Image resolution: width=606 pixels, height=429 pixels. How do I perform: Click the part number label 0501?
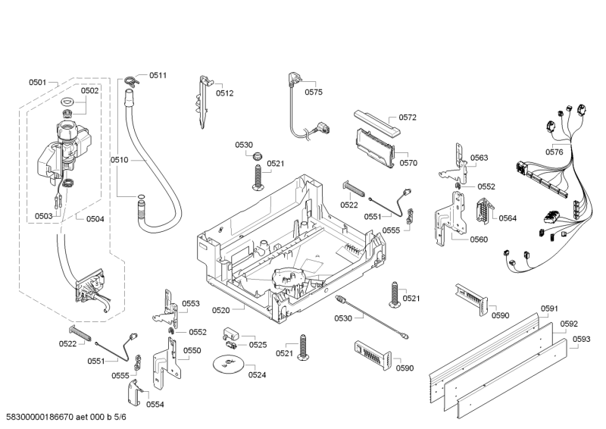point(38,82)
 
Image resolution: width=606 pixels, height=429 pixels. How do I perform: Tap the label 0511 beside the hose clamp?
point(158,75)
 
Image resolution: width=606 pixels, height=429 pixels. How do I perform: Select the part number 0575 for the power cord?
point(314,92)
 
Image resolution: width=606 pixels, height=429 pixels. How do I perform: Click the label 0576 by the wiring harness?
point(554,152)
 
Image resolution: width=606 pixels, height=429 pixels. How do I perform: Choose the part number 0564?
point(508,218)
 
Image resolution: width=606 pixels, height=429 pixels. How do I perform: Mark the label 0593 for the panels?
point(581,339)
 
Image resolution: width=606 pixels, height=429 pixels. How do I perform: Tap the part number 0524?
point(258,374)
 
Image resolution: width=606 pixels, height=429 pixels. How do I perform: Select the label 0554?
point(155,404)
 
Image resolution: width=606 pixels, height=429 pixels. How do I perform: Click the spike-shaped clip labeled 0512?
point(205,99)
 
